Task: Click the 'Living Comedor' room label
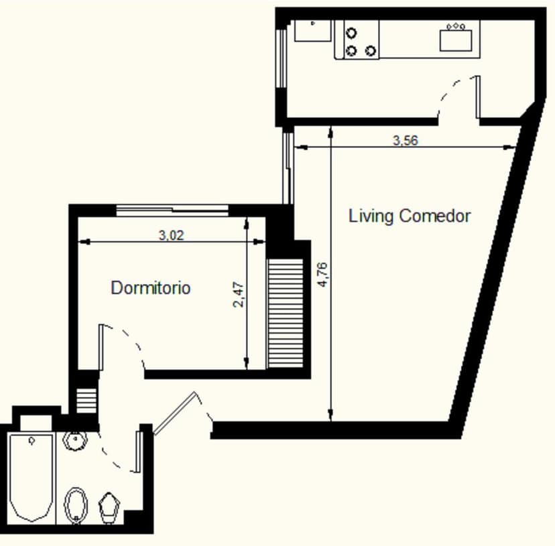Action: click(x=410, y=216)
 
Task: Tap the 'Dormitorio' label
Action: click(x=150, y=288)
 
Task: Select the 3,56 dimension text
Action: click(x=405, y=141)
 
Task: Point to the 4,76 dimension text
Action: click(x=322, y=275)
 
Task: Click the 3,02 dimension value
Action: click(x=170, y=235)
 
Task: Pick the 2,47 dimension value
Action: click(x=238, y=295)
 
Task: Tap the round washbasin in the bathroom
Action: click(x=75, y=441)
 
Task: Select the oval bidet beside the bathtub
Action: click(x=76, y=504)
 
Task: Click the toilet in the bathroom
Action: click(x=109, y=507)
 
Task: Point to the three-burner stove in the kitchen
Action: click(x=361, y=40)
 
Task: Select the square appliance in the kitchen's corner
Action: click(x=313, y=31)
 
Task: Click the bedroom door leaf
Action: click(x=101, y=347)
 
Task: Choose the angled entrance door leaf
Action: click(x=175, y=413)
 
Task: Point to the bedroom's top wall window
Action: click(x=172, y=210)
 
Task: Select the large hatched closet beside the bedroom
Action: click(x=286, y=314)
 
